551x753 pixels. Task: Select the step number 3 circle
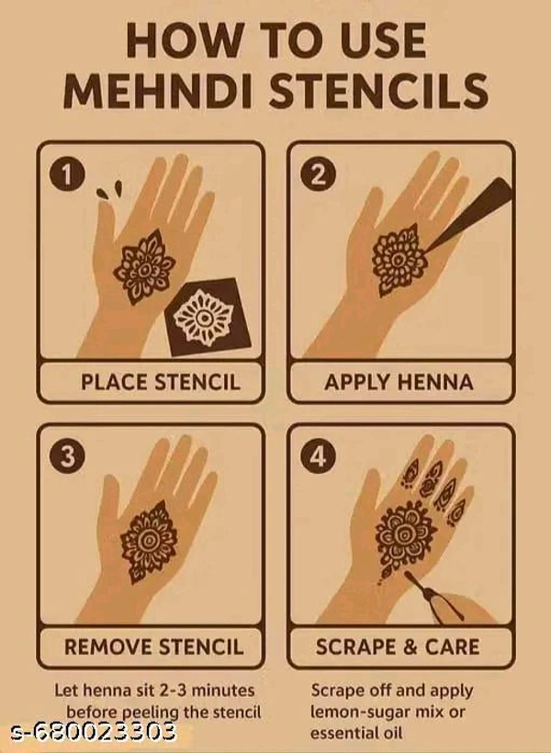pos(67,456)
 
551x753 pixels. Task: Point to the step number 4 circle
pos(318,456)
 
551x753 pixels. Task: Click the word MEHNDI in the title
pos(159,90)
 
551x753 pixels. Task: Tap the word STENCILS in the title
pos(378,90)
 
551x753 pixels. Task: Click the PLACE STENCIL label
pos(161,382)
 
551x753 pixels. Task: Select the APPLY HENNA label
pos(399,382)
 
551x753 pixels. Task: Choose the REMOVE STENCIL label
pos(153,646)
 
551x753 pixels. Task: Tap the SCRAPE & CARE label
pos(398,646)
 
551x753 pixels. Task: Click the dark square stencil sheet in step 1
pos(208,318)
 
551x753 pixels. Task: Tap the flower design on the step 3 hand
pos(149,542)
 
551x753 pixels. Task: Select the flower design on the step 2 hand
pos(399,260)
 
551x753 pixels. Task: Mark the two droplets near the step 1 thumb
pos(109,190)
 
